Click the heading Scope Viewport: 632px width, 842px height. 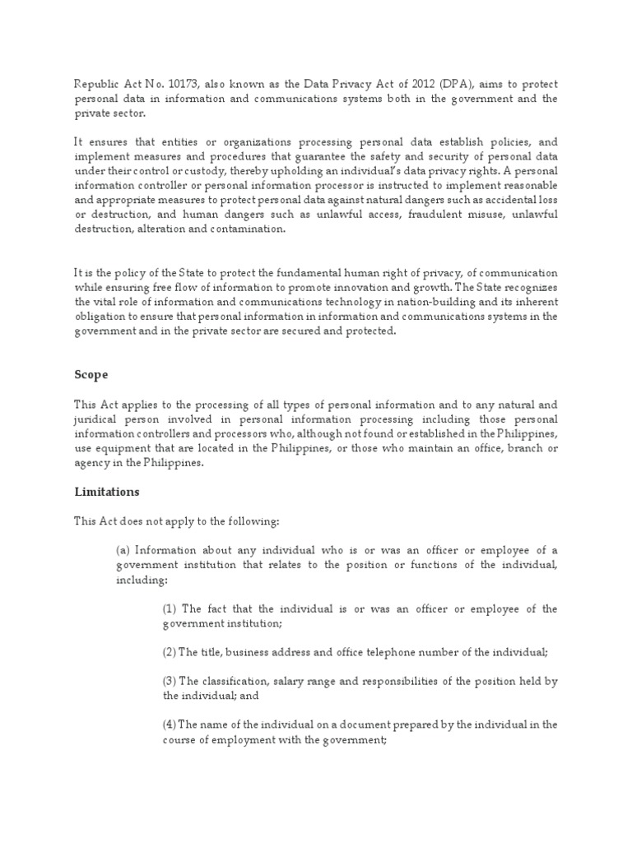click(91, 374)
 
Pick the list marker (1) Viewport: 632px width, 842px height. click(169, 608)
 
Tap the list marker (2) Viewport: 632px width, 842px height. click(169, 652)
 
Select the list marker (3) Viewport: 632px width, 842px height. click(169, 681)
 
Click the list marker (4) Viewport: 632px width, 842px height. click(169, 724)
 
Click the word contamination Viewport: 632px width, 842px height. click(246, 229)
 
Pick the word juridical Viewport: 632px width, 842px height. click(95, 419)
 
